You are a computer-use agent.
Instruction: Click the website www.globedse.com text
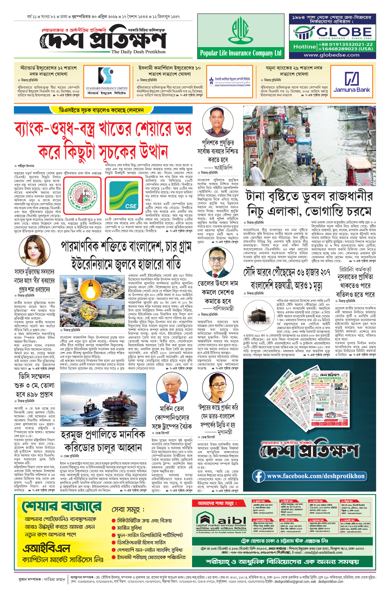pos(331,55)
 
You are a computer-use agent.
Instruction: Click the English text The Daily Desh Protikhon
pos(138,52)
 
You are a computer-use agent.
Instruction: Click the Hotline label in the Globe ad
pos(304,46)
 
